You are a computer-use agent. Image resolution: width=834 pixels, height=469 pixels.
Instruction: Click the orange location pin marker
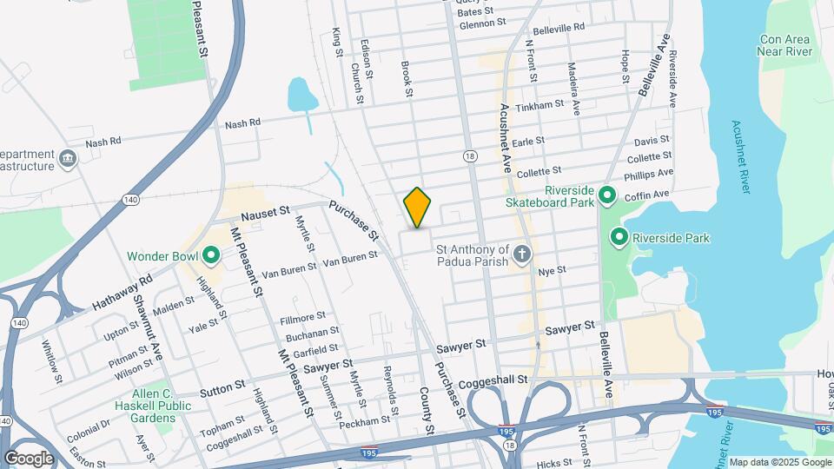click(x=418, y=208)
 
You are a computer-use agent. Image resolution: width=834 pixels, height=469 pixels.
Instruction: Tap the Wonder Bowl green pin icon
click(x=210, y=256)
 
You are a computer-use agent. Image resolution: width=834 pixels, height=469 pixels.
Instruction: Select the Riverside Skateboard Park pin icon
click(x=608, y=196)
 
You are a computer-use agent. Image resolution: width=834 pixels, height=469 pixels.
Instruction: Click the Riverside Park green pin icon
click(x=619, y=236)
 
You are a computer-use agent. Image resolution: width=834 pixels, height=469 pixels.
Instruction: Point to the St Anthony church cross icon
click(x=521, y=254)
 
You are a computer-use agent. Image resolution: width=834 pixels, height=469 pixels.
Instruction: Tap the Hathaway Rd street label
click(x=122, y=293)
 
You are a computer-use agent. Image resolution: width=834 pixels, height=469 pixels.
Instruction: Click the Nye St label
click(x=552, y=271)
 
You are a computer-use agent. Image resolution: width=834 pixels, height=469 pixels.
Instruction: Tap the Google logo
click(x=29, y=458)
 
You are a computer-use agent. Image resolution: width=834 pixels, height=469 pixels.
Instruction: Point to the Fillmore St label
click(x=302, y=317)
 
